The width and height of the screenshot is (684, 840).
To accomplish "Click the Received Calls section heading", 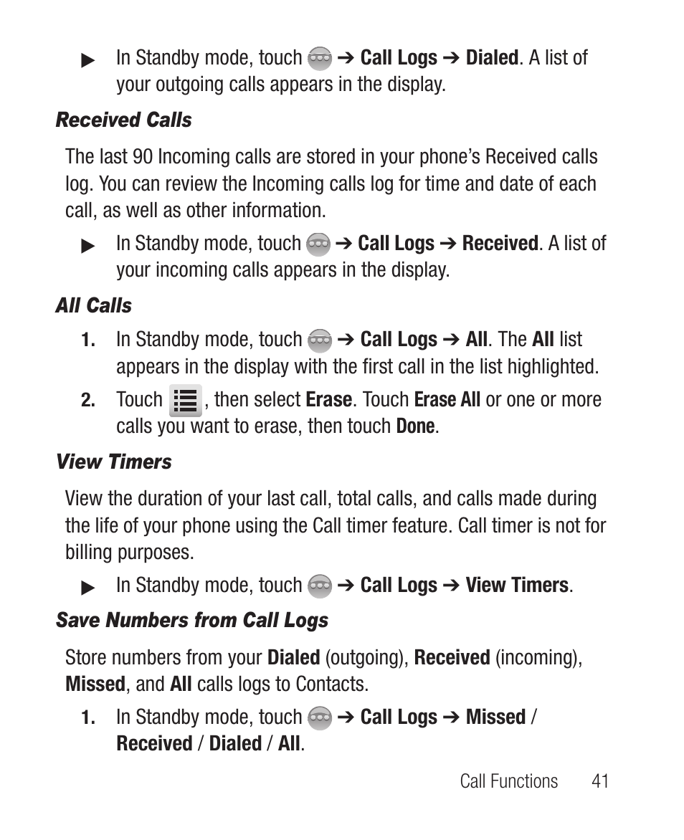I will click(123, 120).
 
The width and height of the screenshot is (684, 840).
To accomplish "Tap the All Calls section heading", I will click(93, 305).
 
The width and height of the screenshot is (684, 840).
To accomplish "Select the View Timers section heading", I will click(113, 462).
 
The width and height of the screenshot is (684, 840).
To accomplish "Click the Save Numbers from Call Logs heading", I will click(191, 620).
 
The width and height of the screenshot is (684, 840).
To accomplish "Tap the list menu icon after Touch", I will click(185, 400).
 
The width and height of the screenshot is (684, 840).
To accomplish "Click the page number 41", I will click(600, 781).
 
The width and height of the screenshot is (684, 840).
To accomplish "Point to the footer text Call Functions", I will click(508, 781).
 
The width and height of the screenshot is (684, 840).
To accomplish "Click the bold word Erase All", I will click(447, 399).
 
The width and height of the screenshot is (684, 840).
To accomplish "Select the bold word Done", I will click(415, 426).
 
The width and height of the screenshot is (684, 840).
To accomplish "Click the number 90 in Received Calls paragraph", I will click(143, 157).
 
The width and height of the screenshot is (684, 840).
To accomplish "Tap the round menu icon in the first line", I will click(320, 58).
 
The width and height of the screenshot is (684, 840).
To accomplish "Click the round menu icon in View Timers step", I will click(320, 586).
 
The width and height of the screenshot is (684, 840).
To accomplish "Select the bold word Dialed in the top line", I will click(491, 57).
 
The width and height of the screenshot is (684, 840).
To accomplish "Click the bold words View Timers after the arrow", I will click(516, 585).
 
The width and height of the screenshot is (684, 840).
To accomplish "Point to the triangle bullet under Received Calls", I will click(88, 246).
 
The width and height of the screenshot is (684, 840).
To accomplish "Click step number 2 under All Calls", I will click(87, 401).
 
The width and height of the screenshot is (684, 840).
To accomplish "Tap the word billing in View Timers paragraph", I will click(88, 553).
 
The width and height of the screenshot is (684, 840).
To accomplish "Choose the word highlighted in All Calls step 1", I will click(553, 366).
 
